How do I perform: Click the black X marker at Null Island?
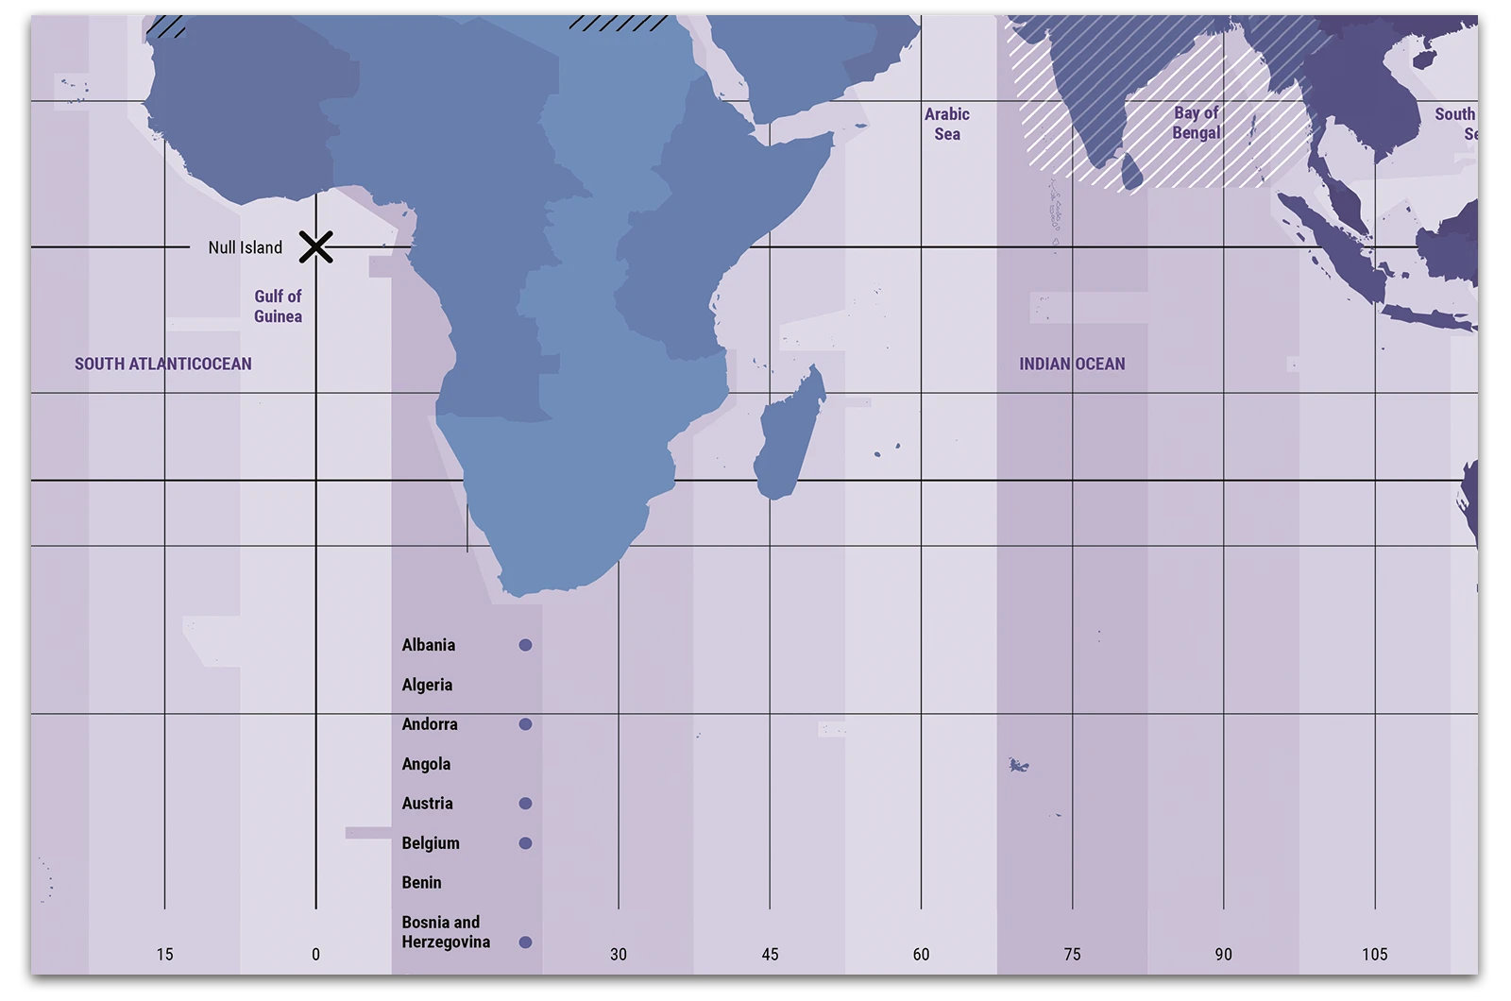tap(315, 247)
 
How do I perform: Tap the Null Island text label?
tap(245, 247)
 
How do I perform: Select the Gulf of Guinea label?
tap(278, 306)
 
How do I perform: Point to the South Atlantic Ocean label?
tap(163, 364)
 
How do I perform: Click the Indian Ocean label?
tap(1072, 364)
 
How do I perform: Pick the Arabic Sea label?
tap(947, 124)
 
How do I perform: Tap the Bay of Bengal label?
tap(1197, 123)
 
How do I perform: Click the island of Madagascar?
tap(789, 434)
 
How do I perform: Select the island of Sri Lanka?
tap(1132, 173)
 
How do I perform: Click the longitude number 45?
tap(770, 954)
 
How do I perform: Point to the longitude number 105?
tap(1374, 954)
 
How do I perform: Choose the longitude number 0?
tap(315, 954)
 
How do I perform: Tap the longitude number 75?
tap(1072, 954)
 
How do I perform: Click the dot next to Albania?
tap(525, 645)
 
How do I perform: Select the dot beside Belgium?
tap(525, 843)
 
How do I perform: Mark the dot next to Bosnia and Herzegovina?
tap(525, 942)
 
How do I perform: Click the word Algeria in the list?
tap(427, 685)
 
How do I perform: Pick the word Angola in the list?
tap(426, 764)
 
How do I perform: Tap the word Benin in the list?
tap(421, 883)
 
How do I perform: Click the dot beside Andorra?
tap(525, 724)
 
